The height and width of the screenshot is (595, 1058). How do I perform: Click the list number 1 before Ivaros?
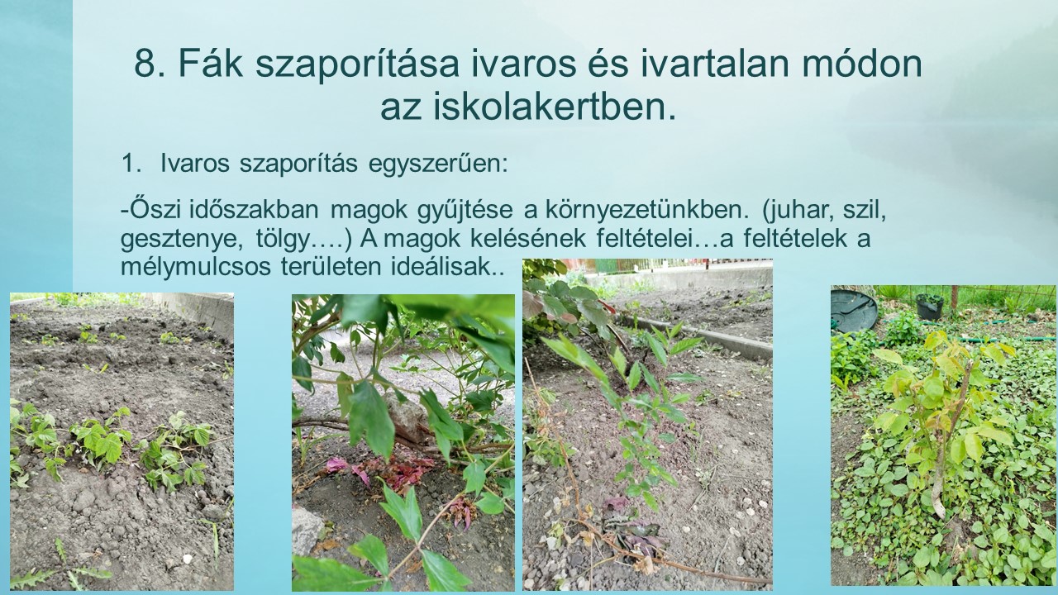click(x=129, y=164)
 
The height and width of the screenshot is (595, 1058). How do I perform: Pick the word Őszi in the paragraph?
click(x=155, y=209)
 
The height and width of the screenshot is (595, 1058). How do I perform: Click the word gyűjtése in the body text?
click(x=465, y=210)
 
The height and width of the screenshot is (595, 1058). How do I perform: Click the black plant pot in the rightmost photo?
click(x=930, y=306)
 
